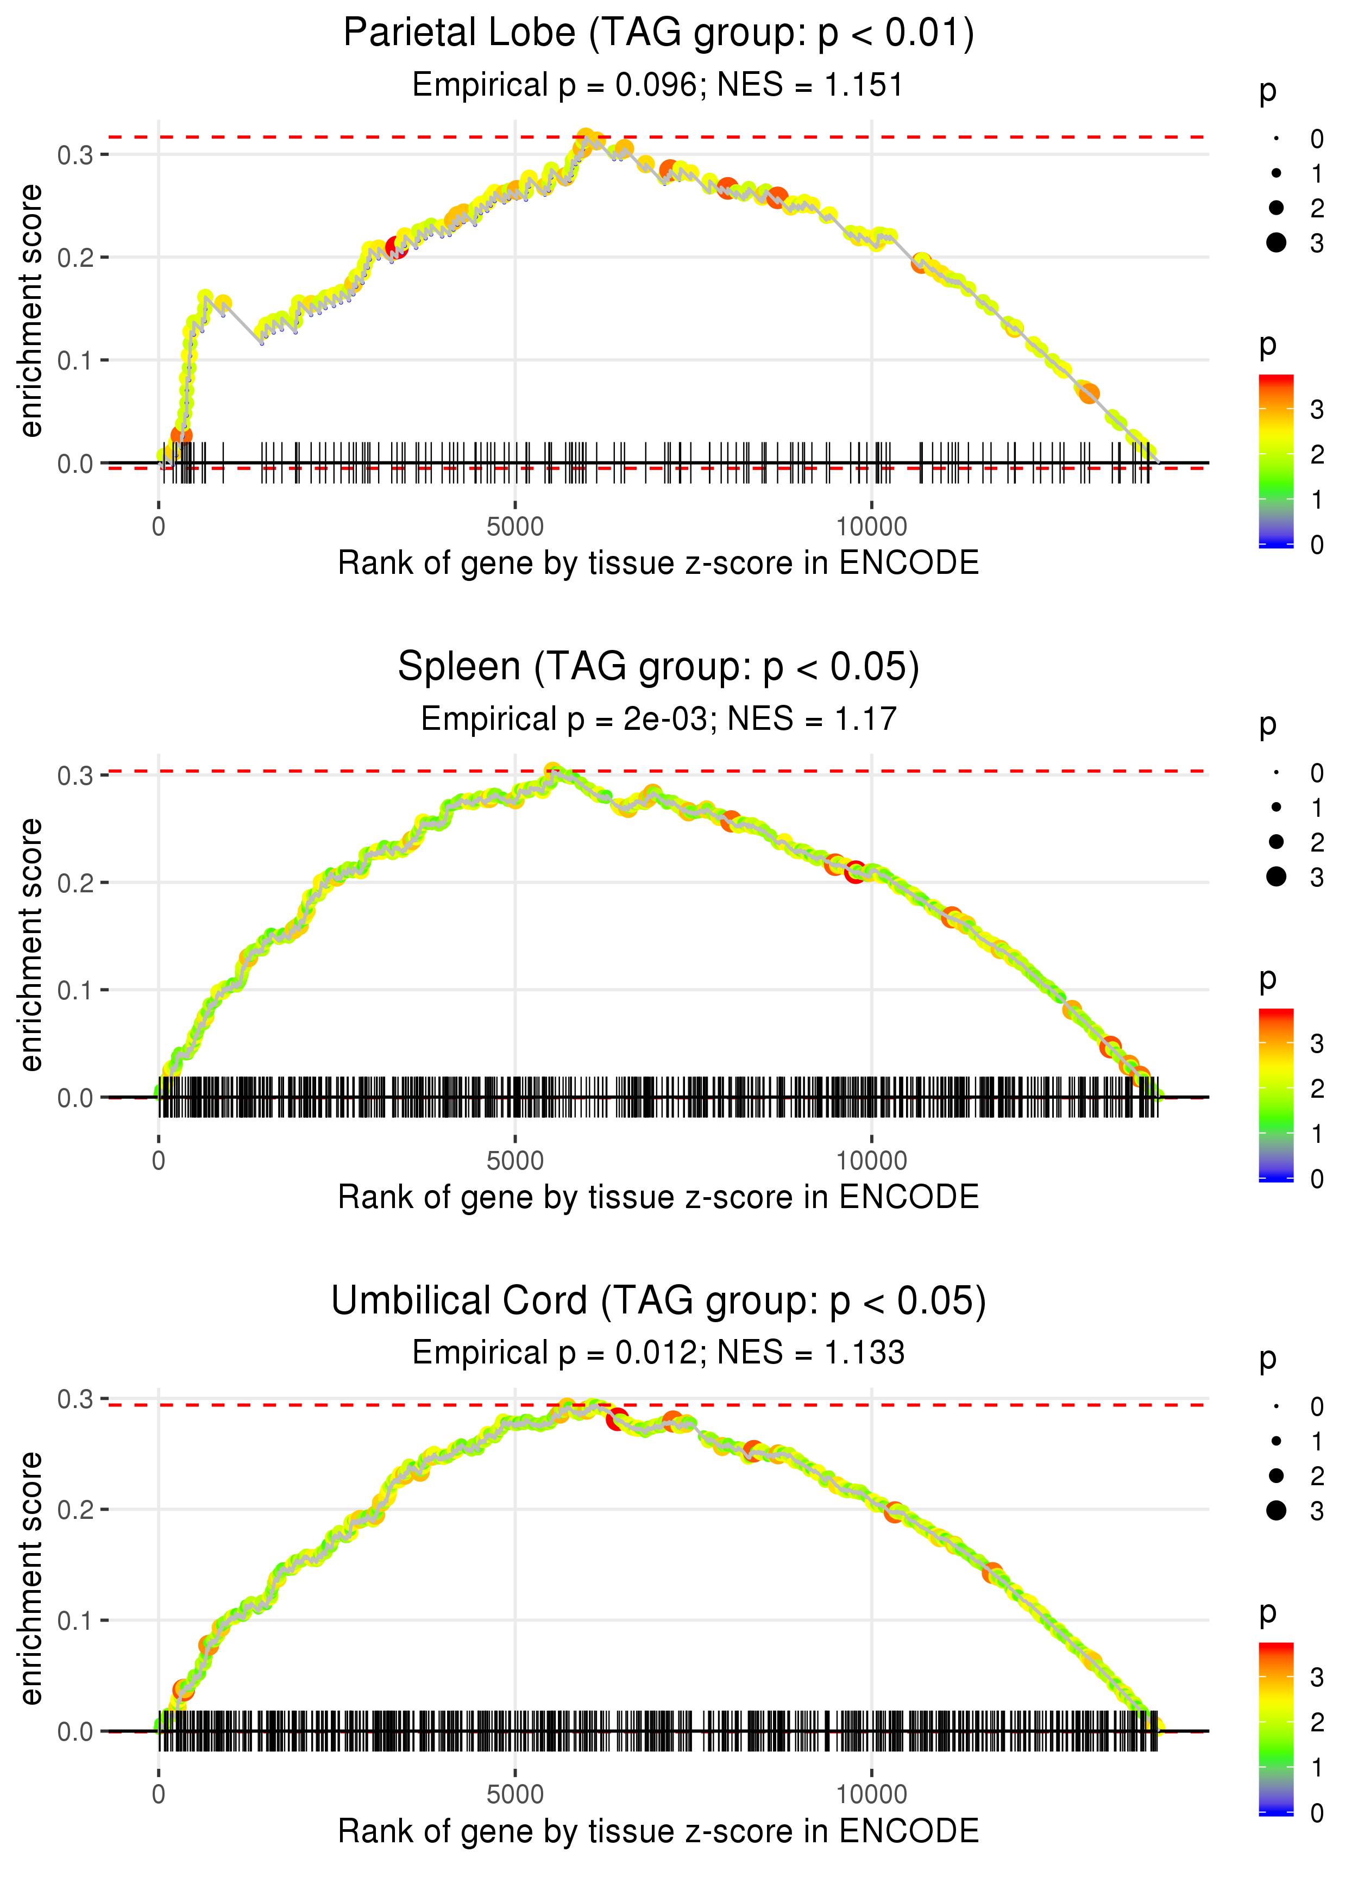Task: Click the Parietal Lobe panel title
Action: point(658,34)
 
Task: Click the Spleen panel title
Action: point(658,667)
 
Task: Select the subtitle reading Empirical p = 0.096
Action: point(658,85)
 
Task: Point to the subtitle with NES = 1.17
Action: point(658,719)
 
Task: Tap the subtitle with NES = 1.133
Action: point(658,1353)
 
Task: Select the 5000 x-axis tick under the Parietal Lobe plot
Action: point(515,527)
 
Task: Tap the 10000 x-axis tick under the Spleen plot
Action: point(871,1161)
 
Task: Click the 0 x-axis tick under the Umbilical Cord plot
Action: point(159,1795)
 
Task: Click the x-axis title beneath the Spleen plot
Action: point(658,1197)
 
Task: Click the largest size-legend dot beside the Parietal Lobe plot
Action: point(1276,242)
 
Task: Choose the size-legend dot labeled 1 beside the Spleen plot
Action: point(1276,807)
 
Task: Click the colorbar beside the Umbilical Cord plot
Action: point(1276,1727)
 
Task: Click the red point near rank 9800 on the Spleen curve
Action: point(854,872)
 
